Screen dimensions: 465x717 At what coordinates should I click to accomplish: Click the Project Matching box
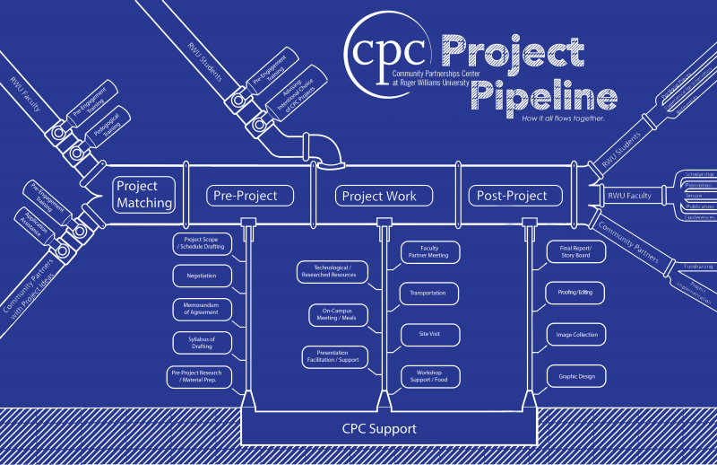tap(143, 194)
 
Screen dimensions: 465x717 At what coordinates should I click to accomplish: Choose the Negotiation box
tap(203, 276)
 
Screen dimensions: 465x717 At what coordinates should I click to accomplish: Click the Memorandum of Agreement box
tap(203, 309)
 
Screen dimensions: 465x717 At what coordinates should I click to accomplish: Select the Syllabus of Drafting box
tap(203, 343)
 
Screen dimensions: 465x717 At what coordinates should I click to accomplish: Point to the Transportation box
tap(428, 293)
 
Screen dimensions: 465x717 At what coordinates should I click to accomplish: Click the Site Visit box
tap(428, 334)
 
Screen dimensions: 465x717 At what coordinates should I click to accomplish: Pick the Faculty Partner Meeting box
tap(428, 252)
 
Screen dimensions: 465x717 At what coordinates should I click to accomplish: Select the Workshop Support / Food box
tap(428, 376)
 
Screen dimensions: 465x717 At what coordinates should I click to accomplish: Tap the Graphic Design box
tap(576, 376)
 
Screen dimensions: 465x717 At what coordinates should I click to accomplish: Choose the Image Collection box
tap(576, 334)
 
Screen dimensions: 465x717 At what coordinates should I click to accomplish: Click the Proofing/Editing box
tap(576, 293)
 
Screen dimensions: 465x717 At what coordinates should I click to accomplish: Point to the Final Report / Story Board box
tap(576, 252)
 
